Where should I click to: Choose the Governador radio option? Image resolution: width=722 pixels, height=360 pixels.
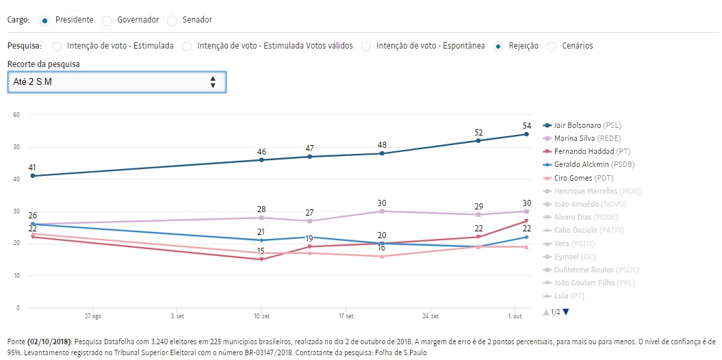(x=107, y=21)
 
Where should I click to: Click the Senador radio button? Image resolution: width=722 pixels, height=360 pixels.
(x=172, y=21)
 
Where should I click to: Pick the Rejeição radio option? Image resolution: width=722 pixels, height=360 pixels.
(x=498, y=46)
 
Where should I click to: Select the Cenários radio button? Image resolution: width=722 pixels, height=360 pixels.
(x=552, y=46)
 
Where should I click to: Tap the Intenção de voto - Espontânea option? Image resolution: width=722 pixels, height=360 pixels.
(x=367, y=46)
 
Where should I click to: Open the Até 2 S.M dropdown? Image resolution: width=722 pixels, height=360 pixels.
(x=116, y=81)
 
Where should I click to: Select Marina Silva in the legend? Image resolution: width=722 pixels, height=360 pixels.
(x=578, y=138)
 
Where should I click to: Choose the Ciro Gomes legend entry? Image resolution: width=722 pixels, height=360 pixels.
(x=576, y=177)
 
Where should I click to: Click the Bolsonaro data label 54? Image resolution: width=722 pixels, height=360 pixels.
(x=526, y=125)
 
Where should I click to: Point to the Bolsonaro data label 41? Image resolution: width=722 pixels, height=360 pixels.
(x=32, y=167)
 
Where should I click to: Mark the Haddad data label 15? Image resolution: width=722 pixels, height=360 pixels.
(x=261, y=251)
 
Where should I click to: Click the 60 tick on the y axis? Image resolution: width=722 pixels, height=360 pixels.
(x=15, y=114)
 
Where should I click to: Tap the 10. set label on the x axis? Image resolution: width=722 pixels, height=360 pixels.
(x=261, y=316)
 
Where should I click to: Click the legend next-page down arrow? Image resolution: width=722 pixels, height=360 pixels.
(x=566, y=312)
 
